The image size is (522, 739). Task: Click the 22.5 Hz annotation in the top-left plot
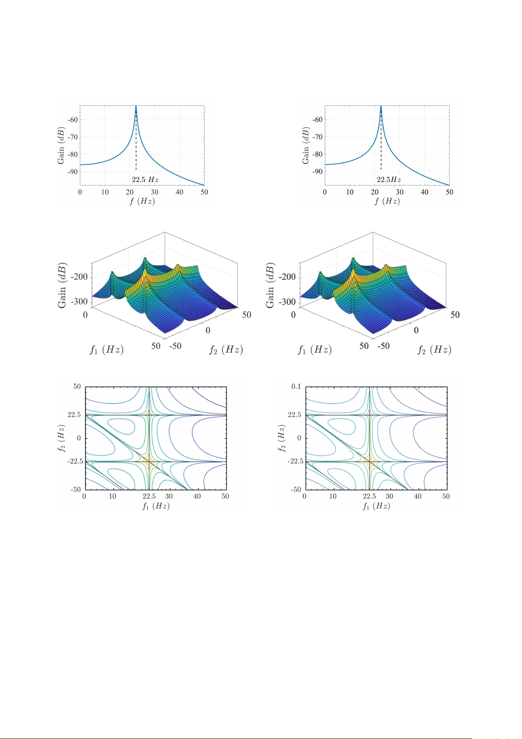145,179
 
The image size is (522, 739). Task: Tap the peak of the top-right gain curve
381,107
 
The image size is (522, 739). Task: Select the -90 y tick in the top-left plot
72,171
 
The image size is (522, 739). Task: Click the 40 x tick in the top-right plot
424,192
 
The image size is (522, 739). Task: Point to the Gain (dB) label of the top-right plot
306,146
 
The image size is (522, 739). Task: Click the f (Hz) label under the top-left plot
142,201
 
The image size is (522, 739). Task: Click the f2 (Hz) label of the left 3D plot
226,350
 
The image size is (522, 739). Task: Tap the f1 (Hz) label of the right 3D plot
315,350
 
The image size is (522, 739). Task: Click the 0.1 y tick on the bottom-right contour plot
296,386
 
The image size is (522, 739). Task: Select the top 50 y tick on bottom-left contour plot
77,386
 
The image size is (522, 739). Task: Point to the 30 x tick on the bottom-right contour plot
389,496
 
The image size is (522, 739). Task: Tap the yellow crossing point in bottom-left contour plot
149,461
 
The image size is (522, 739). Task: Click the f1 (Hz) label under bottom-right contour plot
376,506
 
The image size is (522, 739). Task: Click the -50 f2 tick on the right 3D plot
384,346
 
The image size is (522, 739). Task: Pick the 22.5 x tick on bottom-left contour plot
149,496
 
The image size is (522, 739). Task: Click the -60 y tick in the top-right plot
317,119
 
